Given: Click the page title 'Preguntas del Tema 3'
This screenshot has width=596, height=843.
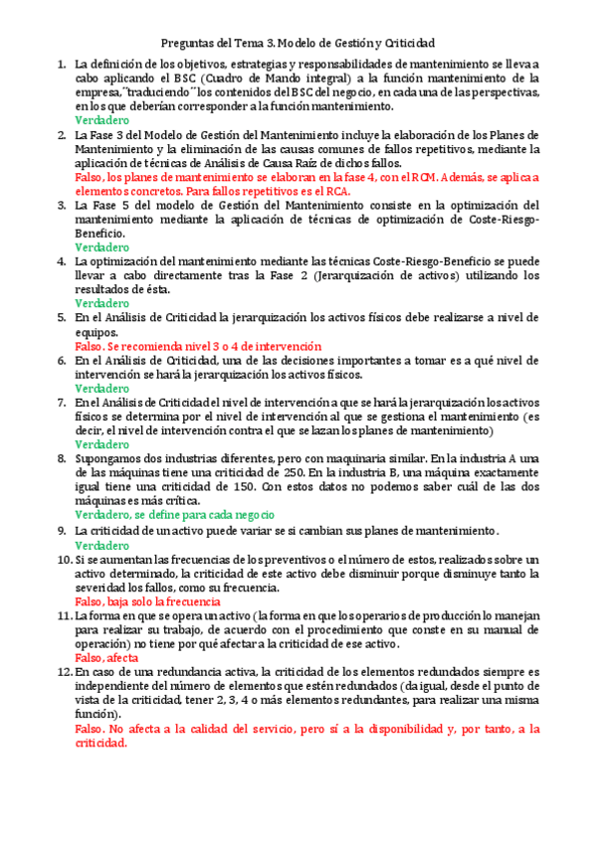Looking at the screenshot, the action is pos(298,44).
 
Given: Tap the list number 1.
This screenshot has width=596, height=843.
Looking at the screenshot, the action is pos(62,65).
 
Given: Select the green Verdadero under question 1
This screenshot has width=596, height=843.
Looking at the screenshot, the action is pos(101,119).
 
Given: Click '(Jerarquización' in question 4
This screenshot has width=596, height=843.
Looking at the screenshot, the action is pos(407,274).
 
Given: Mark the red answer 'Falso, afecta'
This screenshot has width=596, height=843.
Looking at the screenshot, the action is pos(106,657).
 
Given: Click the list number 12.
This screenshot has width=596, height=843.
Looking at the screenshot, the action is pos(64,673).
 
